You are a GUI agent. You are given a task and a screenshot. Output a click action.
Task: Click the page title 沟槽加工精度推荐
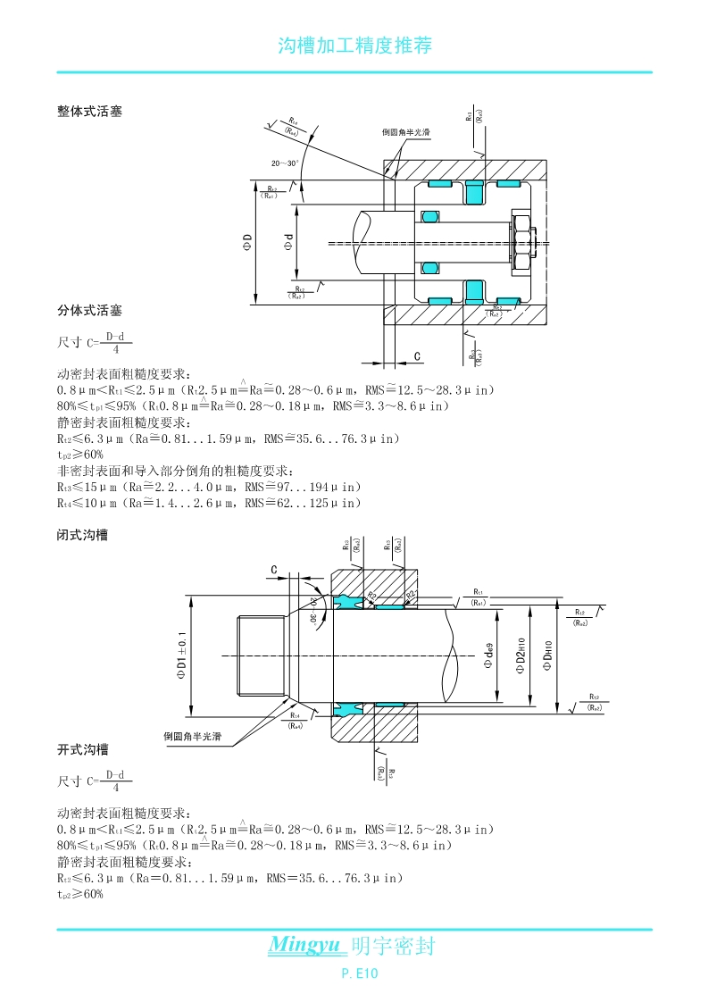pyautogui.click(x=354, y=46)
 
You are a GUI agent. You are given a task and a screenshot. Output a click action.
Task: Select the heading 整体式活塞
pyautogui.click(x=89, y=112)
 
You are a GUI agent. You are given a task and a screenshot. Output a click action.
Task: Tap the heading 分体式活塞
pyautogui.click(x=89, y=311)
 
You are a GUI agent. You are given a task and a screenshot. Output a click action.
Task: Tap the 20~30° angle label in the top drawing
pyautogui.click(x=286, y=163)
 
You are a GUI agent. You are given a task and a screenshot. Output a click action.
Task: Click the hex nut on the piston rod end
pyautogui.click(x=520, y=241)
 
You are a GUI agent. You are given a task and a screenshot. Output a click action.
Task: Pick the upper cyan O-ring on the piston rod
pyautogui.click(x=430, y=216)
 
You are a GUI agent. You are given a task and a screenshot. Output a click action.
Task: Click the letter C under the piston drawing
pyautogui.click(x=417, y=357)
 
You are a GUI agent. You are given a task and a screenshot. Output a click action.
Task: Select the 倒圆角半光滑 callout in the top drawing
pyautogui.click(x=406, y=132)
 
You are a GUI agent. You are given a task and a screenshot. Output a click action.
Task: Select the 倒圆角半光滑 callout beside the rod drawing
pyautogui.click(x=192, y=737)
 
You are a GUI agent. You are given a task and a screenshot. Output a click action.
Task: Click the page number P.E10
pyautogui.click(x=361, y=974)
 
